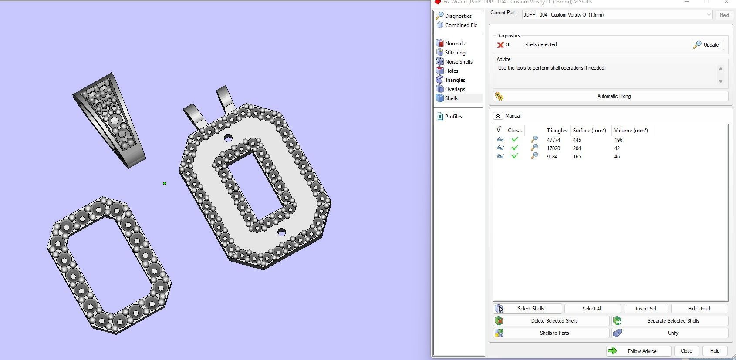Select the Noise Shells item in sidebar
point(458,62)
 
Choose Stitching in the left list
point(455,53)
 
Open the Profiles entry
point(453,117)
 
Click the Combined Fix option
point(460,25)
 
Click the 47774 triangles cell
point(553,140)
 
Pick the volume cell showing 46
point(617,157)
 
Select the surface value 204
point(577,148)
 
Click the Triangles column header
point(557,131)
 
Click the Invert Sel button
point(645,309)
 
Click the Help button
point(714,351)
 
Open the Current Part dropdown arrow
point(709,15)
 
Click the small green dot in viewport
point(165,183)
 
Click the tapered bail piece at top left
point(111,120)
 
